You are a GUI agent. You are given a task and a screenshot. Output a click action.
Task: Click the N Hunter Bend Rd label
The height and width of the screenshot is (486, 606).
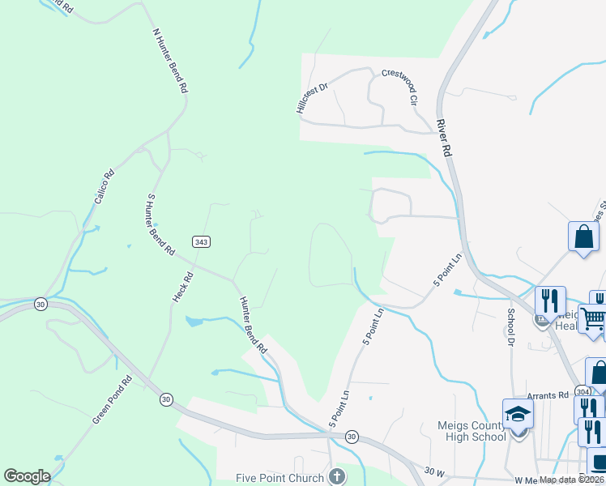pyautogui.click(x=170, y=61)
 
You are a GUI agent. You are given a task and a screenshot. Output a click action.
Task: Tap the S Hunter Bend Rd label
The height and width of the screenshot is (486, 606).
pyautogui.click(x=160, y=224)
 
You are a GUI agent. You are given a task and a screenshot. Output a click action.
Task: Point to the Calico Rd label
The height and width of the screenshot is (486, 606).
pyautogui.click(x=103, y=185)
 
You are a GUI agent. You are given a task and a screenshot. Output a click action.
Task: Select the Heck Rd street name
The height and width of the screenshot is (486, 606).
pyautogui.click(x=183, y=287)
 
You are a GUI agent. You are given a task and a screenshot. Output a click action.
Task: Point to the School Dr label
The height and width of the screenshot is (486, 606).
pyautogui.click(x=511, y=326)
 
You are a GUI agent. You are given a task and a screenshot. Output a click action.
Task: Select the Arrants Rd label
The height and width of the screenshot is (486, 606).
pyautogui.click(x=548, y=395)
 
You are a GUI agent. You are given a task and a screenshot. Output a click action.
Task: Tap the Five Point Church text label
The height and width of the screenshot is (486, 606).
pyautogui.click(x=280, y=478)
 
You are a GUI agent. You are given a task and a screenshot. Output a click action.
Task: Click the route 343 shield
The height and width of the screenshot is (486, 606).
pyautogui.click(x=202, y=242)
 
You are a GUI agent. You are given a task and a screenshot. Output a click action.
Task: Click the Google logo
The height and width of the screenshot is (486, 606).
pyautogui.click(x=28, y=476)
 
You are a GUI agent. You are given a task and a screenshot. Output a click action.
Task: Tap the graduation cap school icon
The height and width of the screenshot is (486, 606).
pyautogui.click(x=518, y=415)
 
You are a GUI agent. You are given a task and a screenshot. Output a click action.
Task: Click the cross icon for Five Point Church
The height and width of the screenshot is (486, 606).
pyautogui.click(x=336, y=476)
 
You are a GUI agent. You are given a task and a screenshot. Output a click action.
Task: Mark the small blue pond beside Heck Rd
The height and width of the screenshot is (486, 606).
pyautogui.click(x=194, y=322)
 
